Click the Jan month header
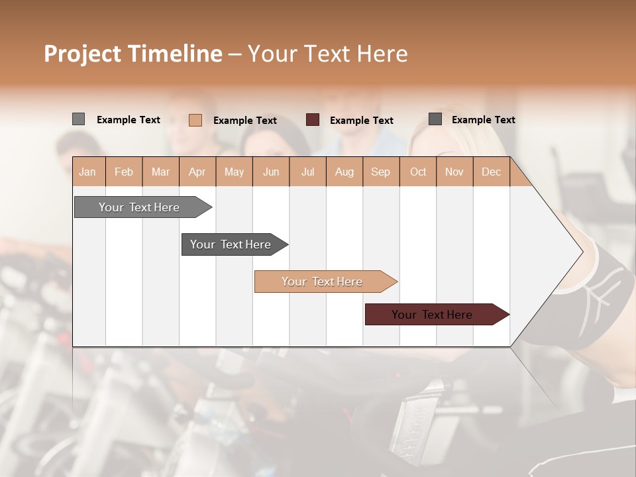88,172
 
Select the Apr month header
197,172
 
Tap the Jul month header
308,172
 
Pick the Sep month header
381,172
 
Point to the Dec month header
491,172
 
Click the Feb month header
124,172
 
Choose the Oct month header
418,172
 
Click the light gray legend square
78,119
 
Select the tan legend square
195,120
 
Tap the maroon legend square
313,120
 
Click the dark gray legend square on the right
435,119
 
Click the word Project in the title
82,54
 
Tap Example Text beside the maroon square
361,121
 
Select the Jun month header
271,172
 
